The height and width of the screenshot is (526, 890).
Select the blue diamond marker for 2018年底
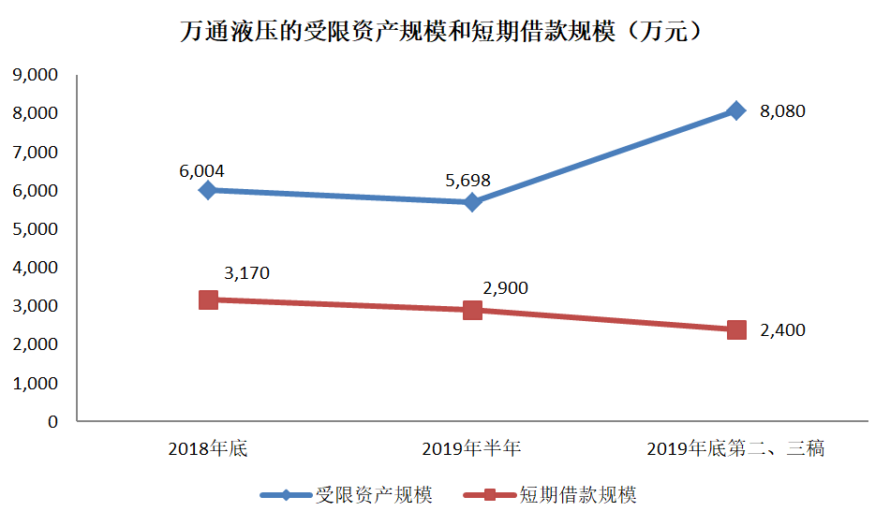[209, 190]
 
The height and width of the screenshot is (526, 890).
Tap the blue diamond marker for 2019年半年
[472, 202]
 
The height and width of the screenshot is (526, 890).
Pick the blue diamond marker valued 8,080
[736, 110]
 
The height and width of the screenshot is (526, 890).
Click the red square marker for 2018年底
[209, 300]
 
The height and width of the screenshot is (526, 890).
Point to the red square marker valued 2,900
[472, 310]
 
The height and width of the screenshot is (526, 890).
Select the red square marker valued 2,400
[736, 329]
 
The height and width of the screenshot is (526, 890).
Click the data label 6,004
[201, 171]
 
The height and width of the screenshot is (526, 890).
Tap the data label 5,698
[468, 181]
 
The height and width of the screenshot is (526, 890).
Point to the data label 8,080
[782, 111]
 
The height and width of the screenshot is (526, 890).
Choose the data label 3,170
[246, 273]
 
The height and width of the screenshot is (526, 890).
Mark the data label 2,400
[782, 330]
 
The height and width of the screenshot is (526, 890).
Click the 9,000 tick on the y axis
[34, 74]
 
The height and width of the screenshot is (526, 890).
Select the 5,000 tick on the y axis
[34, 228]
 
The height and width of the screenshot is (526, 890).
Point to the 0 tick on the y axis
[52, 421]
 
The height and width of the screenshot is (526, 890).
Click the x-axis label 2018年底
[208, 448]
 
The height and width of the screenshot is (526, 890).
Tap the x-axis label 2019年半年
[471, 448]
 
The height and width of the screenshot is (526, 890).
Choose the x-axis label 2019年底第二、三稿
[735, 448]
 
